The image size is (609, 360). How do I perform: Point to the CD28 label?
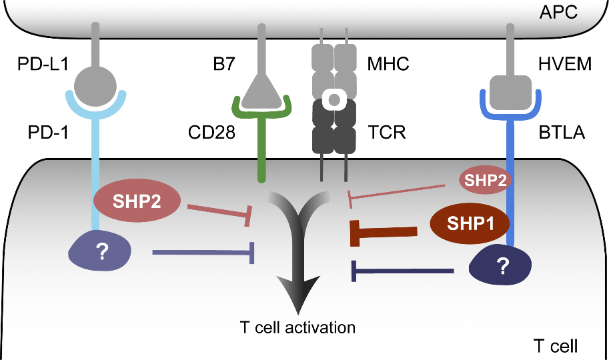click(211, 133)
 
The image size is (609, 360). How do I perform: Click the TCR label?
click(387, 133)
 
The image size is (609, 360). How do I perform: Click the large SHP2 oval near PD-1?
click(137, 201)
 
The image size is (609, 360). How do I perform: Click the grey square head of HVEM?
click(510, 90)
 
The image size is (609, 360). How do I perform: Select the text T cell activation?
click(297, 328)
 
